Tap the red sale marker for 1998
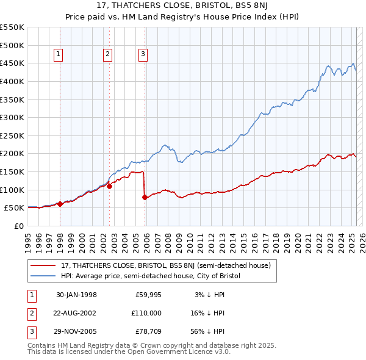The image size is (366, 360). point(60,204)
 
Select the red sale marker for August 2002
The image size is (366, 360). point(109,187)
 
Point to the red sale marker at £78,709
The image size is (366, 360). point(145,198)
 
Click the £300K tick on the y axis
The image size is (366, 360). point(12,117)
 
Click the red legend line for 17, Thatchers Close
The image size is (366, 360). point(44,265)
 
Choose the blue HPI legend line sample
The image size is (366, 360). point(44,276)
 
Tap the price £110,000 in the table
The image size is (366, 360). point(145,313)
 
